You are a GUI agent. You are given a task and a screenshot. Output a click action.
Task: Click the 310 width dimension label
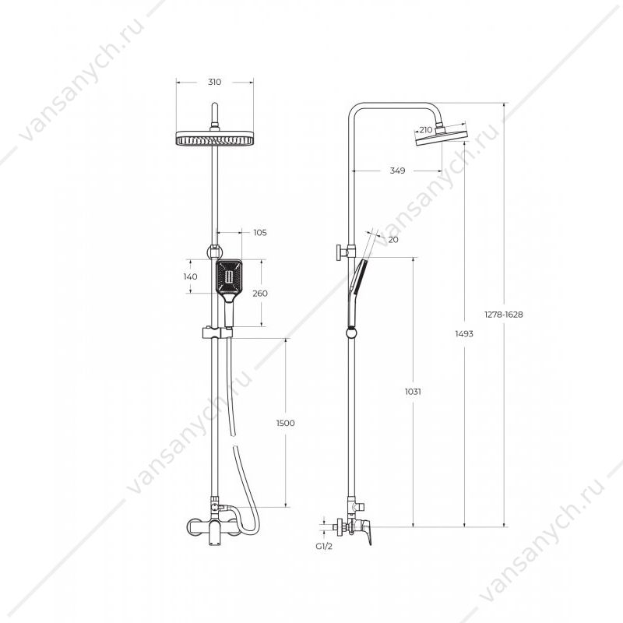click(x=215, y=83)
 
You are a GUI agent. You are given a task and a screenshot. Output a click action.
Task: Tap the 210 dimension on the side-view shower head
click(x=425, y=129)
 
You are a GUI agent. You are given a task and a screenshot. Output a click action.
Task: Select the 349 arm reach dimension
click(x=397, y=171)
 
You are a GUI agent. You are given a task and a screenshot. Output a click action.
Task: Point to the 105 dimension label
click(x=260, y=232)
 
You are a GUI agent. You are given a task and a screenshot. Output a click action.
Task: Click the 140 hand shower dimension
click(x=190, y=276)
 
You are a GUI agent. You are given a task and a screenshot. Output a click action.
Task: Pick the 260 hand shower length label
click(x=260, y=294)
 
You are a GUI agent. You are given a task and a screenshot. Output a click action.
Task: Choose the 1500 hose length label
click(x=286, y=423)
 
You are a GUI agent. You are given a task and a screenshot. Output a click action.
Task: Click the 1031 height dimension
click(x=413, y=392)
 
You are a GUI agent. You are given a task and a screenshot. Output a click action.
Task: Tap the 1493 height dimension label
click(x=464, y=334)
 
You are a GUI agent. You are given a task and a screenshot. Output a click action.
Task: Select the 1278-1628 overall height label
click(x=503, y=315)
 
